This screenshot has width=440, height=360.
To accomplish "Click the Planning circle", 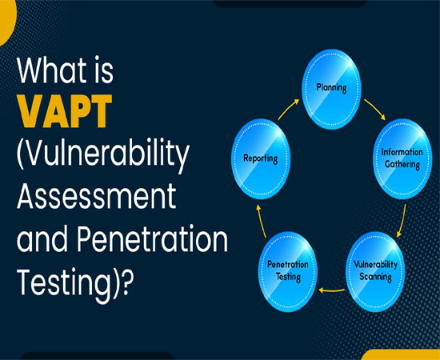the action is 331,89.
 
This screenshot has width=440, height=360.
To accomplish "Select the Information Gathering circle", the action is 402,159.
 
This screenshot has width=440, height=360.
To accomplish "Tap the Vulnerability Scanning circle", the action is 375,271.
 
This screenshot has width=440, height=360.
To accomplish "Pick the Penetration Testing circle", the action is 288,271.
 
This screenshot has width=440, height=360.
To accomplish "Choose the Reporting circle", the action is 261,159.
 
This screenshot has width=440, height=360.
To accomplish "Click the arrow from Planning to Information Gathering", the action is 375,109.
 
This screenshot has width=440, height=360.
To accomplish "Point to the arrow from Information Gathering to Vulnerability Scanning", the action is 402,221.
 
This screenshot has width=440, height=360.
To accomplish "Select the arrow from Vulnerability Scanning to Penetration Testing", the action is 332,290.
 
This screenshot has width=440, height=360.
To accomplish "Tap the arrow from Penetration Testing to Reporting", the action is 262,221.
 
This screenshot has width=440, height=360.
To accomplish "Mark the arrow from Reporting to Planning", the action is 288,109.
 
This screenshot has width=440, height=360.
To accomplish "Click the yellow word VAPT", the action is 65,111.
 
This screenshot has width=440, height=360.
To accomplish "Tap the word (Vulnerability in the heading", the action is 102,156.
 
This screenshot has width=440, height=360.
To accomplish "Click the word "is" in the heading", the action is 104,70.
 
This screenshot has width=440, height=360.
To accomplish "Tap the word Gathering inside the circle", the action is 402,164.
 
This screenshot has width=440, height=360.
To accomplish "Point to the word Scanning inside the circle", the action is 375,277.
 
